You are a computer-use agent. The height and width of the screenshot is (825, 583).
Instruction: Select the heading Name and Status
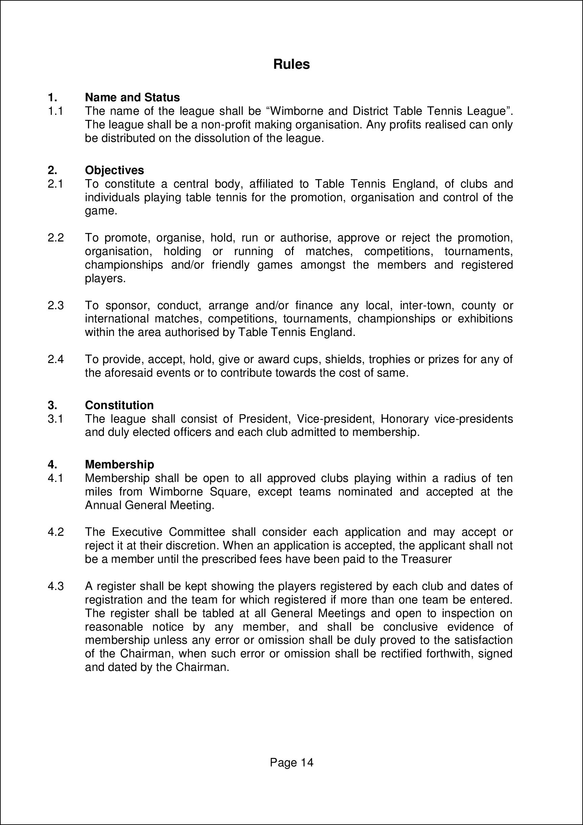pyautogui.click(x=132, y=98)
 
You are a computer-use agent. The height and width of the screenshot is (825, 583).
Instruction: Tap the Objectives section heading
pyautogui.click(x=114, y=170)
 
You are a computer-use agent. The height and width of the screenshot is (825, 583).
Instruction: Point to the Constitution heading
pyautogui.click(x=119, y=405)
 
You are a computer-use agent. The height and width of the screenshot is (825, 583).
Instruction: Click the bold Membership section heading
pyautogui.click(x=119, y=464)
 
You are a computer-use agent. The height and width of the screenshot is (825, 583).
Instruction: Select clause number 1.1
pyautogui.click(x=55, y=111)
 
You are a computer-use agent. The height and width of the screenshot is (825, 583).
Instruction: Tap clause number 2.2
pyautogui.click(x=55, y=237)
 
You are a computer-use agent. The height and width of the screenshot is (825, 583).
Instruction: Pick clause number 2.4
pyautogui.click(x=55, y=359)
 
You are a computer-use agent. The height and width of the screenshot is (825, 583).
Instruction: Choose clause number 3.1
pyautogui.click(x=55, y=419)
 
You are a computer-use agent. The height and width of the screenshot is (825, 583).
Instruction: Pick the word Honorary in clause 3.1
pyautogui.click(x=404, y=419)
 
